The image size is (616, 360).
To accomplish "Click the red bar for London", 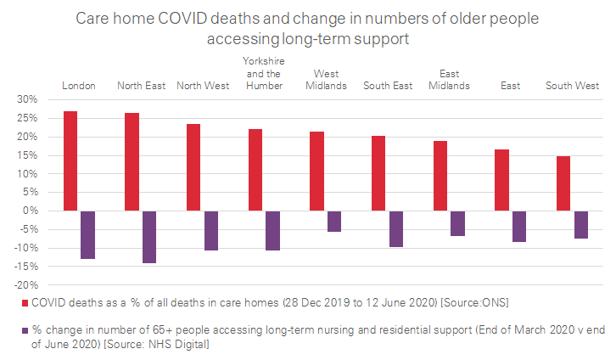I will (x=70, y=161).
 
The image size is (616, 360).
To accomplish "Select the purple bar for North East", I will (x=149, y=237).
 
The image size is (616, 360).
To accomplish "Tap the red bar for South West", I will (x=563, y=183).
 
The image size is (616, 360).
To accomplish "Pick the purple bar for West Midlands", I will (x=334, y=222).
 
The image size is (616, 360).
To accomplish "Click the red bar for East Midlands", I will (x=440, y=176).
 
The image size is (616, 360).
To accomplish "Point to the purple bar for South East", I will (x=395, y=229).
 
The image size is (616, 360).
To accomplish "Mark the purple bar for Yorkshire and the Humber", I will (x=272, y=231).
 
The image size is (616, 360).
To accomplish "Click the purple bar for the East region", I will (x=519, y=227).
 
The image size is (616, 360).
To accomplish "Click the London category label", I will (x=79, y=86).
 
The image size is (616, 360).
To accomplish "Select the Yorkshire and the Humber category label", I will (x=263, y=74).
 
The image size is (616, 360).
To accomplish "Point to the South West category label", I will (x=572, y=86).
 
